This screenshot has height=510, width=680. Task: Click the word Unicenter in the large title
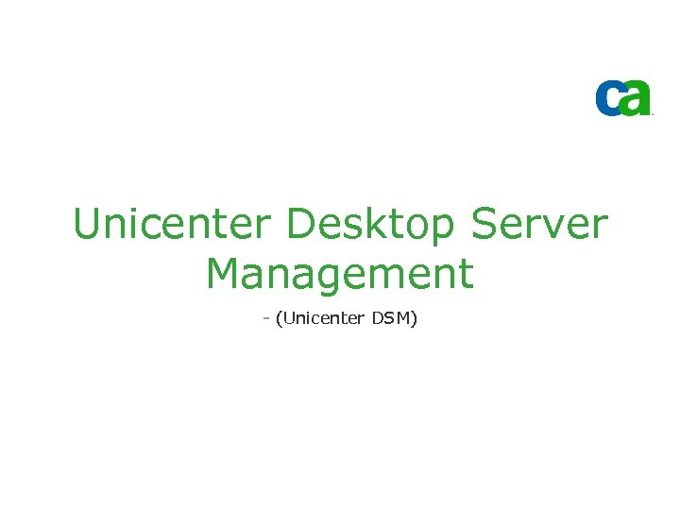[x=171, y=225]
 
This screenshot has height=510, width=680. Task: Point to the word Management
[x=339, y=274]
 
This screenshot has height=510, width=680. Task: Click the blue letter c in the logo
[x=609, y=98]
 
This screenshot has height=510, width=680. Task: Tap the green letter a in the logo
[x=637, y=97]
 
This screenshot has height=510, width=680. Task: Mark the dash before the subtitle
[x=266, y=319]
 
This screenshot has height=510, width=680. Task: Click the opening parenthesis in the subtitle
[x=278, y=319]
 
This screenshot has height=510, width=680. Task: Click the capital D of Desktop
[x=299, y=225]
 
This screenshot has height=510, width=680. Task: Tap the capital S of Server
[x=484, y=225]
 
